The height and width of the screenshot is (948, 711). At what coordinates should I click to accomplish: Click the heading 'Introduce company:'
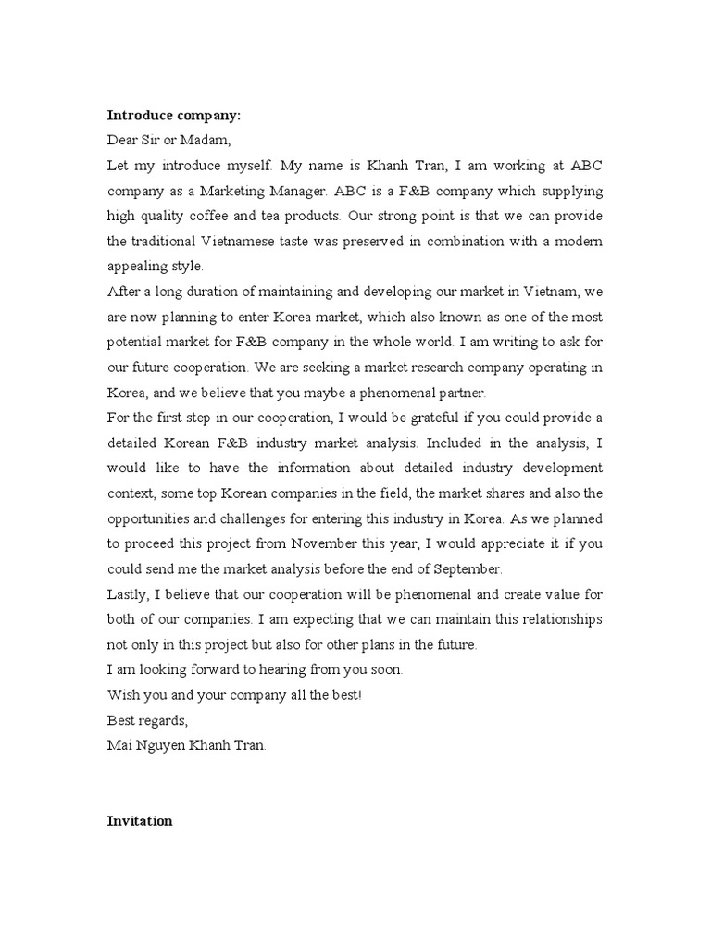(x=173, y=116)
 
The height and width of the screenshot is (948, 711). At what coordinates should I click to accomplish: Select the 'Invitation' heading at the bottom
(x=140, y=821)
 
